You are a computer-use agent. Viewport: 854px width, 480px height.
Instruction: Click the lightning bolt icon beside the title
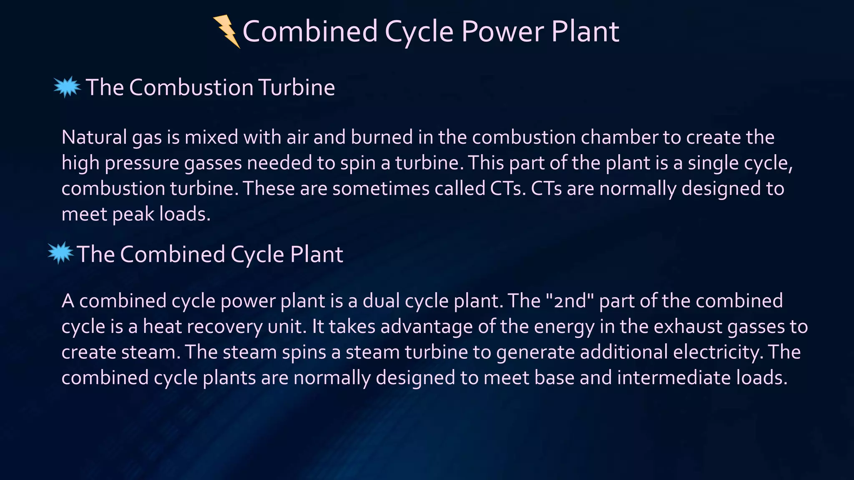[x=226, y=31]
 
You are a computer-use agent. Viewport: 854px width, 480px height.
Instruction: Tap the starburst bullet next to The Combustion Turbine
[x=67, y=87]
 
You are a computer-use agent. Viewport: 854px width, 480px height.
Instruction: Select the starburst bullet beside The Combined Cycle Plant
[x=61, y=253]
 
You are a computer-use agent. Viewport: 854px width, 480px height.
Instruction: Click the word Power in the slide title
[x=502, y=32]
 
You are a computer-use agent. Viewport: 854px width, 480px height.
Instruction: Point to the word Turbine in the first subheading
[x=296, y=87]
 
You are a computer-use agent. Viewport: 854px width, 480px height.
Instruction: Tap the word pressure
[x=142, y=163]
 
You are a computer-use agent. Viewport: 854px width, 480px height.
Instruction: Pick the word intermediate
[x=674, y=377]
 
